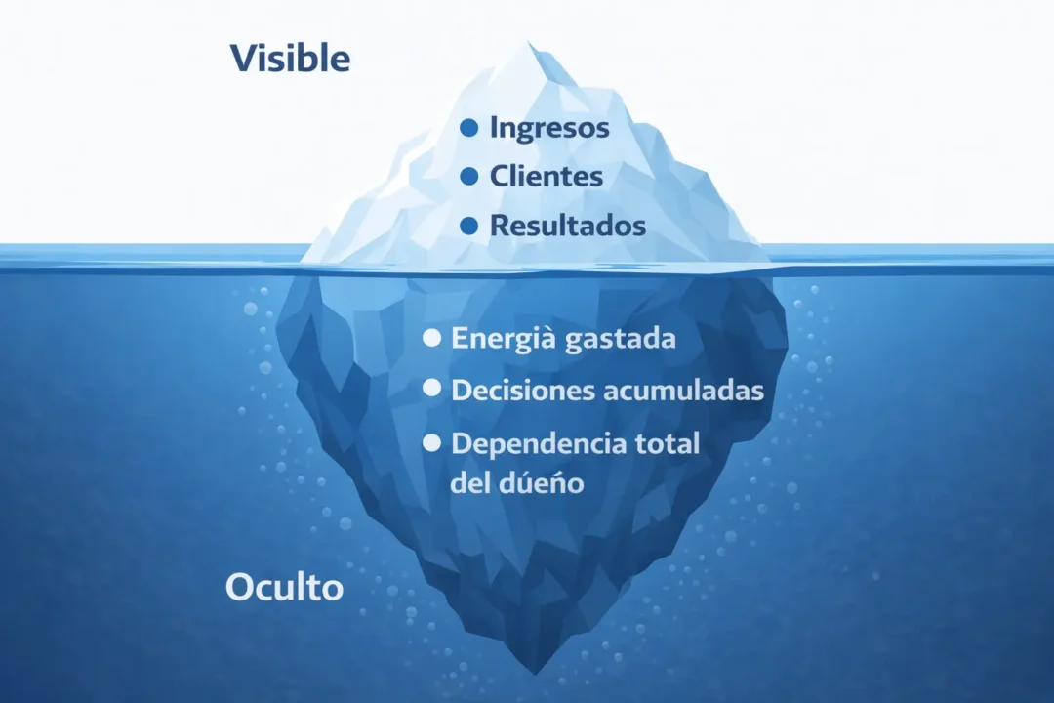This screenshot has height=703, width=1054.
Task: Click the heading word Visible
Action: (x=290, y=59)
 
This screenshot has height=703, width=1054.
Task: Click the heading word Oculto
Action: (x=284, y=588)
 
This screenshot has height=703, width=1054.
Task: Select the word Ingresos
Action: (x=549, y=128)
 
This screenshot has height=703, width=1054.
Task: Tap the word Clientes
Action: (x=546, y=177)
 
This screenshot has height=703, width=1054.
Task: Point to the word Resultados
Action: (x=567, y=226)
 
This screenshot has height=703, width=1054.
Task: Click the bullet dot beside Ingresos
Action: (x=468, y=128)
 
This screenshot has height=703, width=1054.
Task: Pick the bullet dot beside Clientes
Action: (x=468, y=177)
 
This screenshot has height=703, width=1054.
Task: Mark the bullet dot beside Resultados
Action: (x=468, y=226)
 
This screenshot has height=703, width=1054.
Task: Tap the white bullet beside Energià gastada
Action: (x=431, y=339)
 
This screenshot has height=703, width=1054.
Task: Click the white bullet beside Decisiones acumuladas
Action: (x=431, y=390)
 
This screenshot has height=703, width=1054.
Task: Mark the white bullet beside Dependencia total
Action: (x=431, y=442)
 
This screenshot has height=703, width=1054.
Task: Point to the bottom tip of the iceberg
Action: (x=534, y=672)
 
